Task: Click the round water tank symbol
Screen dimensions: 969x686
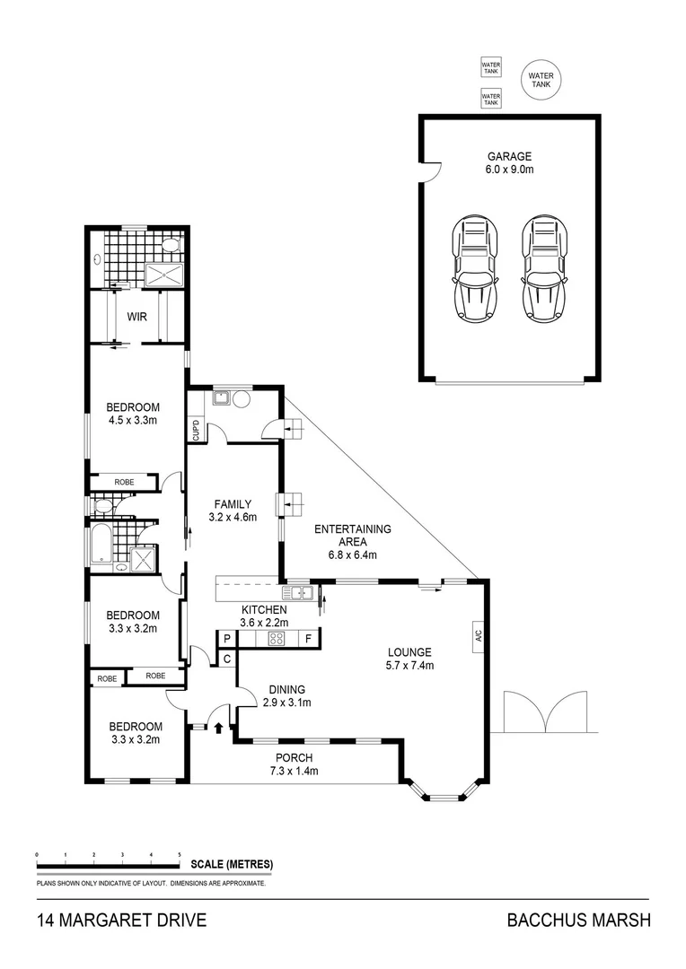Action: coord(541,80)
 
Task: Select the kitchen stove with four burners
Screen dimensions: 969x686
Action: coord(277,640)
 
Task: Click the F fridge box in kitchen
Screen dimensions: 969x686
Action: coord(308,640)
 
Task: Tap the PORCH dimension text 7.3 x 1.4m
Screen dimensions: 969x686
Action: coord(294,771)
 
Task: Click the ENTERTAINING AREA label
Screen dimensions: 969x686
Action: coord(352,536)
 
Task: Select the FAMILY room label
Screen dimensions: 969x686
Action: coord(233,504)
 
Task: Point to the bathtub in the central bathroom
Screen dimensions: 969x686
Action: coord(100,544)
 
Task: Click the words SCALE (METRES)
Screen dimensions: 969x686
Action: coord(232,865)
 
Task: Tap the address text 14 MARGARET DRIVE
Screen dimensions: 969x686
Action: coord(121,920)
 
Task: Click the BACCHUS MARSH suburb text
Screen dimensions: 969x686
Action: coord(577,920)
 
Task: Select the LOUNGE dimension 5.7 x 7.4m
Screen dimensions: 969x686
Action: coord(409,666)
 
